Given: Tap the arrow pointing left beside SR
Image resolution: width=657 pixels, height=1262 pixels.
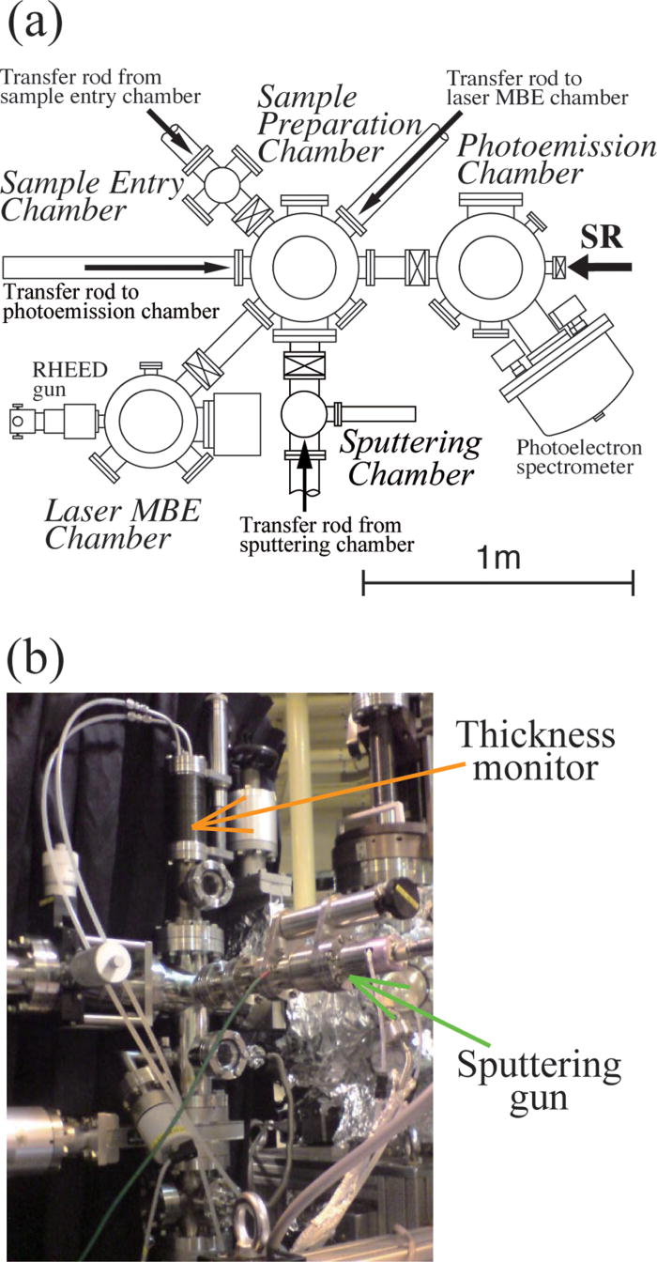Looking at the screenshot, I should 597,267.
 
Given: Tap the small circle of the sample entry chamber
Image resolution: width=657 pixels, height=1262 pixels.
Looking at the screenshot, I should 223,184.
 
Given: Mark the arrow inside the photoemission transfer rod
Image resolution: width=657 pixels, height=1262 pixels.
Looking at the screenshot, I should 156,267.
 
